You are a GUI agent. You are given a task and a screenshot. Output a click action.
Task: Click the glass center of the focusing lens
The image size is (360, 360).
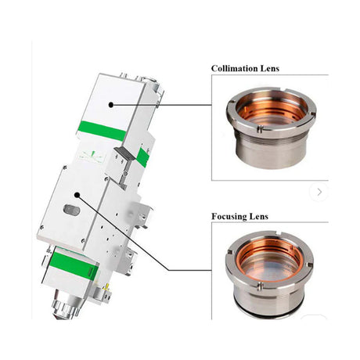click(268, 267)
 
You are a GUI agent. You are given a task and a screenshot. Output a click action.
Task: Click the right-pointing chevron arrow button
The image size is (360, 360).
click(319, 191)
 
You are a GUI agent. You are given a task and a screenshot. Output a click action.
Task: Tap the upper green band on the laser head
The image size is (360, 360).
click(102, 131)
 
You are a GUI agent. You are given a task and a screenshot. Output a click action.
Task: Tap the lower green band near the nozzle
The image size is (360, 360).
click(74, 268)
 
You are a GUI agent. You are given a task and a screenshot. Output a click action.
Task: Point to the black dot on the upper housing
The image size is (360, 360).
click(111, 104)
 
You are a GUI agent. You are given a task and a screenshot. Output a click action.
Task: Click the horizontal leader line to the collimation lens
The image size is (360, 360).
click(164, 104)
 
